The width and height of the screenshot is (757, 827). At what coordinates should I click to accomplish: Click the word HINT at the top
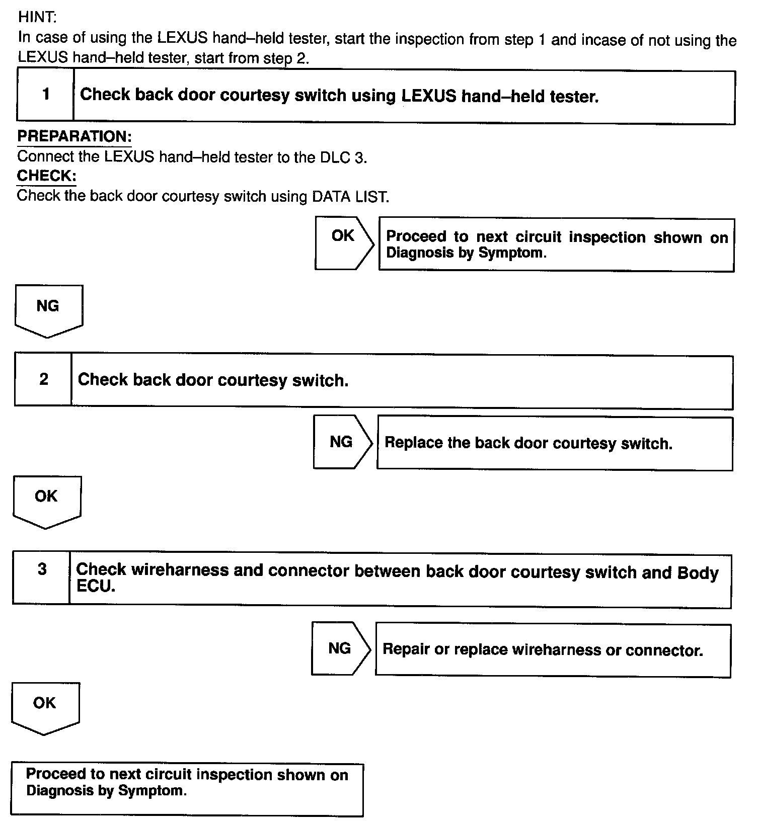[37, 17]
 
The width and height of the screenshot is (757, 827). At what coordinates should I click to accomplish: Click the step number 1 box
[46, 95]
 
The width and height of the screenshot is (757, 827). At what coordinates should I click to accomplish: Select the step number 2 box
[44, 379]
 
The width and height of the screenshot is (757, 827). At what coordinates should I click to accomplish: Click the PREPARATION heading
[74, 136]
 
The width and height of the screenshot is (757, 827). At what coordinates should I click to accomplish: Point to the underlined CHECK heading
[47, 176]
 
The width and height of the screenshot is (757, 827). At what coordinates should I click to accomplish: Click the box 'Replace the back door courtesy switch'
[555, 443]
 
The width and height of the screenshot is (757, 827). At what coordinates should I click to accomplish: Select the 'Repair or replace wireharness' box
[553, 650]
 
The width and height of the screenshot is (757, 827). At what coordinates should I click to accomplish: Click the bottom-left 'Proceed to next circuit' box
[187, 789]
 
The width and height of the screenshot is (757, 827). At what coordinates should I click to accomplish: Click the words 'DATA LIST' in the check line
[350, 196]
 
